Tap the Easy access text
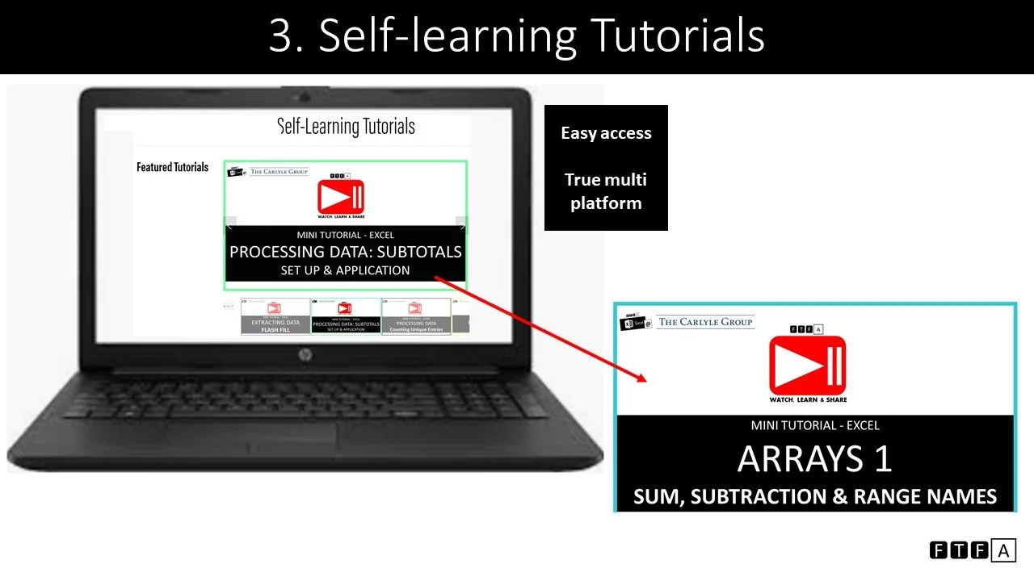[606, 133]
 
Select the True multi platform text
[606, 191]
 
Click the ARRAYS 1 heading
[814, 459]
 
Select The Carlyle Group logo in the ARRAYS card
[705, 322]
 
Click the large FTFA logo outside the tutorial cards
[972, 550]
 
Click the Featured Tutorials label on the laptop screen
[172, 167]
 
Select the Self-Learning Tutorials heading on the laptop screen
[346, 127]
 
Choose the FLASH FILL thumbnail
[275, 316]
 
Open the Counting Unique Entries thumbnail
[416, 316]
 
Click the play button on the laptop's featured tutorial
[341, 197]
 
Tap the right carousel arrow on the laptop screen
[462, 224]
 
